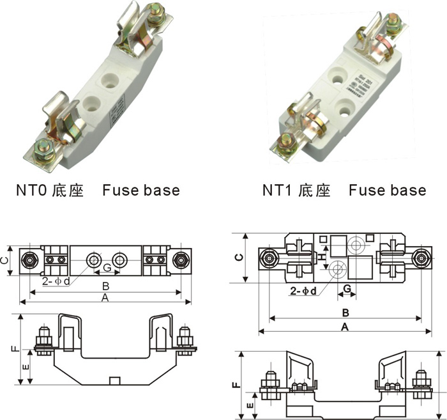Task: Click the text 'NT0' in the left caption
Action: tap(31, 191)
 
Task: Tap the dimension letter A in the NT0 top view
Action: tap(104, 299)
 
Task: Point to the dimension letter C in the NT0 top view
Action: tap(5, 260)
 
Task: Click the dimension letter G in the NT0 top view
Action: tap(107, 267)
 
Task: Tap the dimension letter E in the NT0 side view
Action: tap(24, 367)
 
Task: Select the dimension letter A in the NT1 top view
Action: tap(345, 327)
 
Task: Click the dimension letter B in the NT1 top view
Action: tap(344, 313)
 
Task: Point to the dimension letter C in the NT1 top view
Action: tap(238, 257)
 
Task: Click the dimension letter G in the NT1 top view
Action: tap(345, 288)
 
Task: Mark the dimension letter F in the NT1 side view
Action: tap(236, 385)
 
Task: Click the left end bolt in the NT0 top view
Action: tap(29, 260)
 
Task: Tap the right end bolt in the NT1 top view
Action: tap(420, 258)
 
